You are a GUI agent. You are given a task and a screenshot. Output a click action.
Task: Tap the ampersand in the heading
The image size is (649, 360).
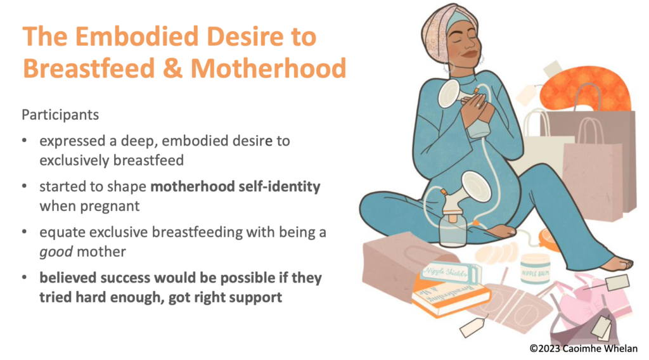172,68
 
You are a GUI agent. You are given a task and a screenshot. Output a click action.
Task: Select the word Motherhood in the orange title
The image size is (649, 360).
268,68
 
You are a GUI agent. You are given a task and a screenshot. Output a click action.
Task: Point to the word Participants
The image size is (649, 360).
60,115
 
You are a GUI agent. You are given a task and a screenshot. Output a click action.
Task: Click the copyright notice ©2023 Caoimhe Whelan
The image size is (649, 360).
584,349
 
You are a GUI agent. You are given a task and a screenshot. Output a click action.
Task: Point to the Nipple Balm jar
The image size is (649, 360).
535,269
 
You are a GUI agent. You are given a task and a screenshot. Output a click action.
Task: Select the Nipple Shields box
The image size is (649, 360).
451,273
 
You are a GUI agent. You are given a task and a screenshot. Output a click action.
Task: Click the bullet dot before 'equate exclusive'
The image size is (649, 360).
25,232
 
